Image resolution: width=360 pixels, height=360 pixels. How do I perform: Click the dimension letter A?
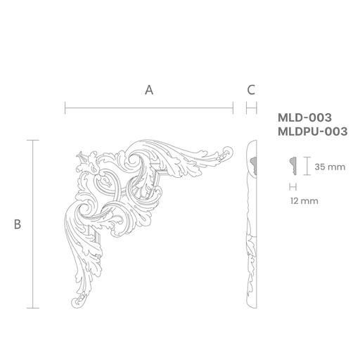tap(149, 90)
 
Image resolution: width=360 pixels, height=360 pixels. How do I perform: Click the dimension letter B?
tap(18, 224)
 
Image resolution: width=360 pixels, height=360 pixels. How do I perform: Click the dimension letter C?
tap(251, 90)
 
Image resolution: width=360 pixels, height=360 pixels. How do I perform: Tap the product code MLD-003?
tap(304, 117)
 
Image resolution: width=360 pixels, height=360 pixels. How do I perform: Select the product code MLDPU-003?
tap(313, 131)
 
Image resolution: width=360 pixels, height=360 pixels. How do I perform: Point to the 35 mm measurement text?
tap(330, 167)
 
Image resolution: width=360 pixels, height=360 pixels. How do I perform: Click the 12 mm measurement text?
tap(304, 201)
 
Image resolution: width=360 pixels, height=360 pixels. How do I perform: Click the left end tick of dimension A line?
tap(65, 108)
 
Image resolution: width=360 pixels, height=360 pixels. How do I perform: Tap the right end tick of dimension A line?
tap(233, 108)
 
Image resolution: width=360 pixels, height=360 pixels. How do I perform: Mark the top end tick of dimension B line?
tap(33, 140)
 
